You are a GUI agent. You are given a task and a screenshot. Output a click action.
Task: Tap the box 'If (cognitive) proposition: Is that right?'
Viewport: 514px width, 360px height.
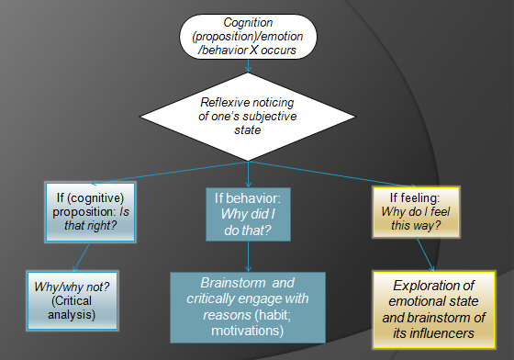tap(91, 210)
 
